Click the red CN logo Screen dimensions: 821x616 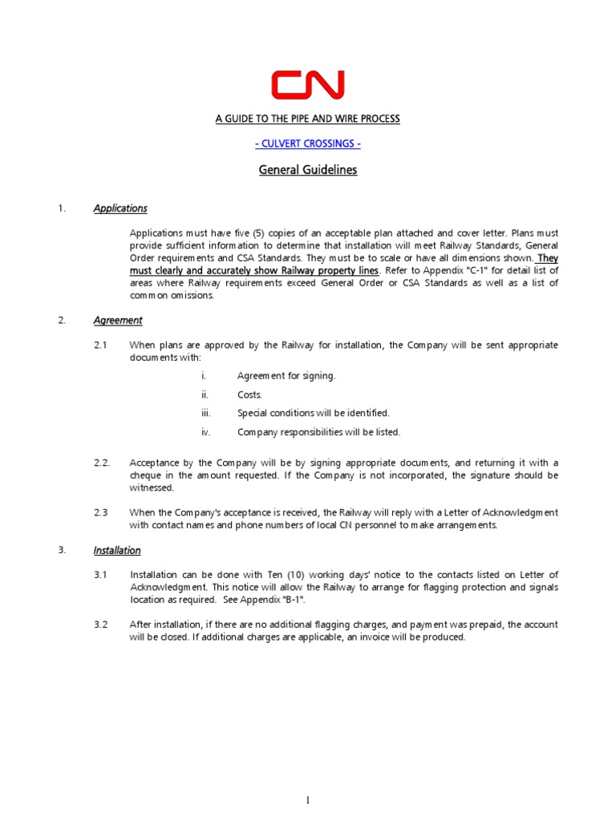(307, 84)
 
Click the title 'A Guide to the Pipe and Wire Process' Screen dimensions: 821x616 (307, 119)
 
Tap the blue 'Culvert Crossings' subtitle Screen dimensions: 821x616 (307, 144)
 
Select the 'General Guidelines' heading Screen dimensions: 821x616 (307, 170)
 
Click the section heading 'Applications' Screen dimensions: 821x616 (120, 208)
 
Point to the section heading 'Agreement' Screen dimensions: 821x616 (118, 320)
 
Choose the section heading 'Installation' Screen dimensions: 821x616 (117, 550)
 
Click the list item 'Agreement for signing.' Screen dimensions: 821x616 (286, 375)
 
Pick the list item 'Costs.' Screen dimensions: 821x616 (249, 394)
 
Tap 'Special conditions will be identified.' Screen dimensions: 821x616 (313, 413)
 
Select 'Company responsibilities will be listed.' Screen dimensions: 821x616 (318, 432)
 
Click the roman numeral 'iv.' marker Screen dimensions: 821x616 (205, 432)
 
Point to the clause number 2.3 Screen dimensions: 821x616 (100, 512)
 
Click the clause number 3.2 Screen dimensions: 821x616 (100, 624)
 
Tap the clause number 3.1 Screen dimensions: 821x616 (100, 574)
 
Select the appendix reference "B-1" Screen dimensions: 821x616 (293, 600)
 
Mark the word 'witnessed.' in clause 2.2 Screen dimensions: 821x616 (152, 487)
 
